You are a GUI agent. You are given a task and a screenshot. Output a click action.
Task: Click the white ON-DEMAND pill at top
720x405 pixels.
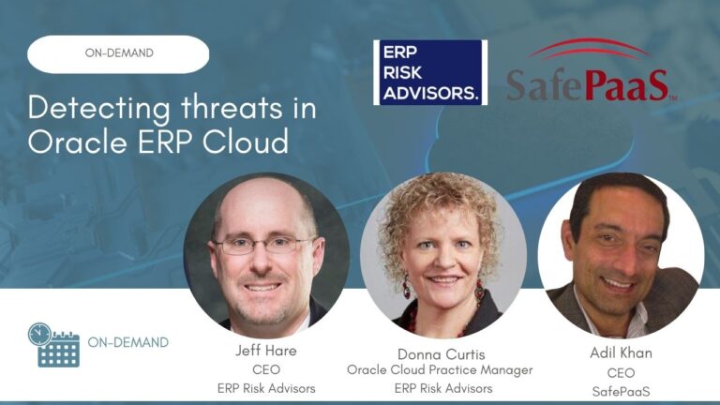click(118, 53)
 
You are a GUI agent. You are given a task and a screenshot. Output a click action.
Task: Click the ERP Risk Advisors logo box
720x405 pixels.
click(430, 72)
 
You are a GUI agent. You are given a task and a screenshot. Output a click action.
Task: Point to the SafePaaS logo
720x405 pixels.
click(588, 83)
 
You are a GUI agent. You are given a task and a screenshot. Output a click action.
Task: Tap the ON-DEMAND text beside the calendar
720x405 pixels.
click(128, 342)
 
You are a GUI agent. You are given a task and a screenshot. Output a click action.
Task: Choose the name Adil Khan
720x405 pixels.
click(621, 354)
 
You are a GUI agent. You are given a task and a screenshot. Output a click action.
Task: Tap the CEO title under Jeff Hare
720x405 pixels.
click(266, 369)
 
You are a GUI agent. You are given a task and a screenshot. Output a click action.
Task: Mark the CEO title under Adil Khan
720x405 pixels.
click(621, 372)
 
